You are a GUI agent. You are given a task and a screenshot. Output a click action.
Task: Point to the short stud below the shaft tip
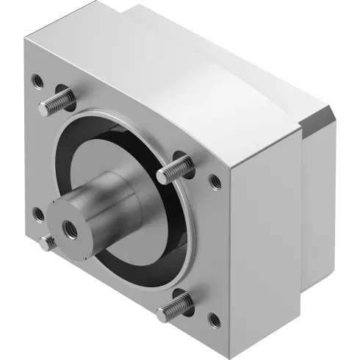[x=48, y=240]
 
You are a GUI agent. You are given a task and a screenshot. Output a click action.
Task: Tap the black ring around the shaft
[x=151, y=220]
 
